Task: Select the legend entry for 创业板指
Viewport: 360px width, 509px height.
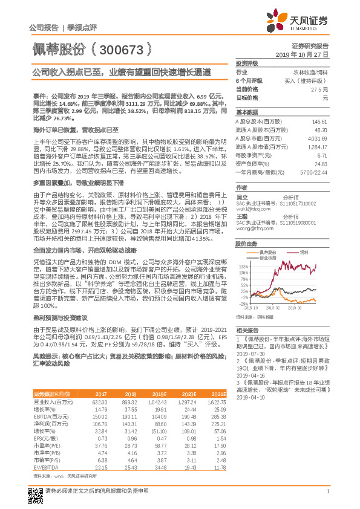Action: pos(261,240)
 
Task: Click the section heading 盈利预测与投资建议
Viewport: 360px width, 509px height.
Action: pos(61,334)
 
